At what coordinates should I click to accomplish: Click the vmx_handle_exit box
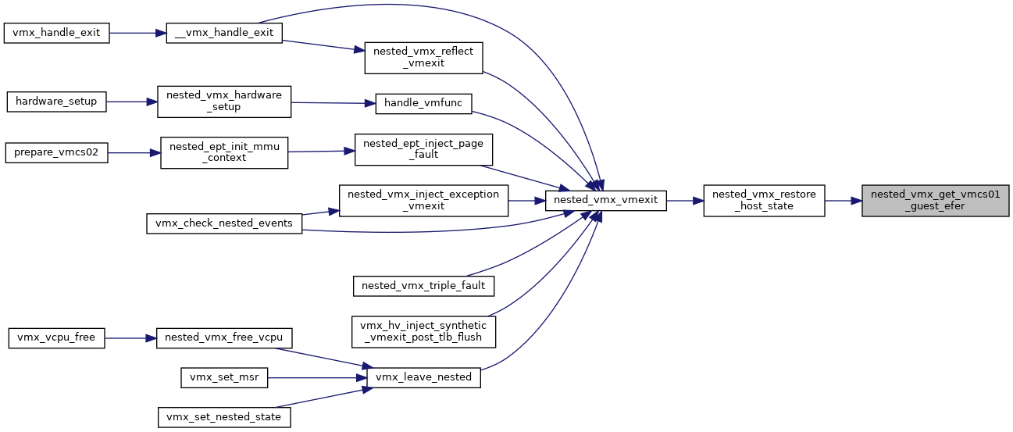pyautogui.click(x=56, y=33)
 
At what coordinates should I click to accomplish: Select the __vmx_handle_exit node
pyautogui.click(x=224, y=33)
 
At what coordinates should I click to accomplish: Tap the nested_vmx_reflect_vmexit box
pyautogui.click(x=424, y=58)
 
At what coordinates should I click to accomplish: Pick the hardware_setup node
pyautogui.click(x=56, y=102)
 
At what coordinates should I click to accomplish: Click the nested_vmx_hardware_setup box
pyautogui.click(x=224, y=102)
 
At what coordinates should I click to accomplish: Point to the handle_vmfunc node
pyautogui.click(x=424, y=104)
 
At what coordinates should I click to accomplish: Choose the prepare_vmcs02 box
pyautogui.click(x=56, y=153)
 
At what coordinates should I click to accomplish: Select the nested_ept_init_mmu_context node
pyautogui.click(x=224, y=153)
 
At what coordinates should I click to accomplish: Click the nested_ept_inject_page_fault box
pyautogui.click(x=424, y=149)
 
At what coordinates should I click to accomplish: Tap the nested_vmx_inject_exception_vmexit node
pyautogui.click(x=424, y=201)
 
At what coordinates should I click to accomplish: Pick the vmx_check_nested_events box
pyautogui.click(x=224, y=223)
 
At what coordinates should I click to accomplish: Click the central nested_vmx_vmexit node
pyautogui.click(x=606, y=201)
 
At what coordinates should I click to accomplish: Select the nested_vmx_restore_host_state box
pyautogui.click(x=765, y=201)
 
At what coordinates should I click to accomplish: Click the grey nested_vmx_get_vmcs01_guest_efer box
pyautogui.click(x=936, y=201)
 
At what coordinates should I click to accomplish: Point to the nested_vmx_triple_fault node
pyautogui.click(x=424, y=287)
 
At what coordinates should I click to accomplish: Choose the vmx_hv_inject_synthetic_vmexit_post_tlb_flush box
pyautogui.click(x=424, y=332)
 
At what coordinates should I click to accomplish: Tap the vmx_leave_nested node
pyautogui.click(x=424, y=378)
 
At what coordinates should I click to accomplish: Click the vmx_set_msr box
pyautogui.click(x=224, y=378)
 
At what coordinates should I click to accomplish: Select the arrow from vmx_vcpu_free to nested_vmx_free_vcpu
pyautogui.click(x=130, y=338)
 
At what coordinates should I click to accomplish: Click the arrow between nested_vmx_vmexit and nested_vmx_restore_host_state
pyautogui.click(x=685, y=201)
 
